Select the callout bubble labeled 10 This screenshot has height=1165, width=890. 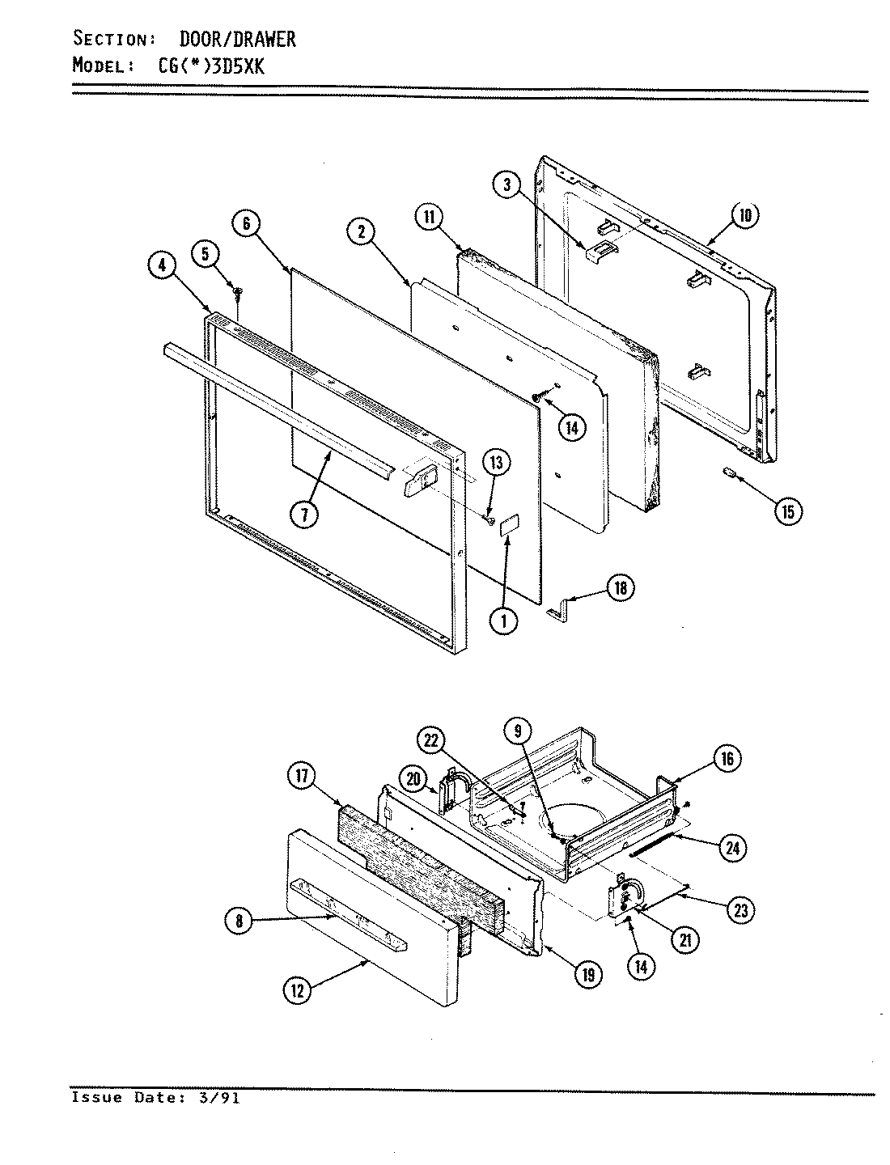745,215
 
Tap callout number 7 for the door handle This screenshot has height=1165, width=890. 305,514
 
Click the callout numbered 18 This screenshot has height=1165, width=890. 621,588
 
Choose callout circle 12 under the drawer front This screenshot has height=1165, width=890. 299,990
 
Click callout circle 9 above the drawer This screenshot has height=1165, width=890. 519,731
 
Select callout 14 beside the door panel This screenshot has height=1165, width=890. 572,426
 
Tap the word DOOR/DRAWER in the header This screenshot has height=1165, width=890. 237,38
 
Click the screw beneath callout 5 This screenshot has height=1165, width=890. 238,290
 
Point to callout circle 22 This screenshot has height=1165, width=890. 434,740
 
